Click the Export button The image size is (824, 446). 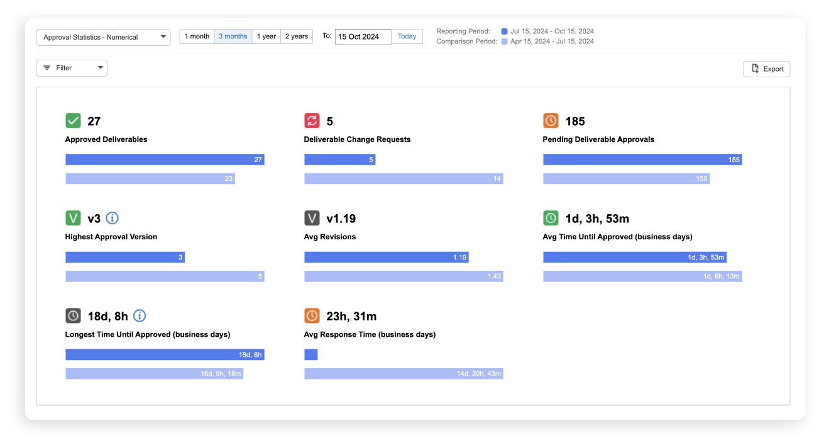click(766, 69)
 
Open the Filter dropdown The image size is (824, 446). click(72, 68)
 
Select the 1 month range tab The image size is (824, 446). click(197, 36)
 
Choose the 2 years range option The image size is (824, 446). click(297, 36)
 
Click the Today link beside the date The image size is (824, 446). click(407, 36)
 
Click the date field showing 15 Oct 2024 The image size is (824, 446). click(363, 36)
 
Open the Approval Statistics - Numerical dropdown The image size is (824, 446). click(103, 37)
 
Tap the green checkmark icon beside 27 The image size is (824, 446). click(73, 121)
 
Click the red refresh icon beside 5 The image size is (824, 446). click(312, 121)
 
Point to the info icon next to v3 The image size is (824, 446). click(112, 218)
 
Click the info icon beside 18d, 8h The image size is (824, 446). click(140, 315)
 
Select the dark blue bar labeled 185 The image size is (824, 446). click(642, 160)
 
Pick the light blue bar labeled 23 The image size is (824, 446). click(150, 178)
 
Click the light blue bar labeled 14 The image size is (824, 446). click(403, 178)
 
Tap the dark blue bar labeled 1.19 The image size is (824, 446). click(386, 257)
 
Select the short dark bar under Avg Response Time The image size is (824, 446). click(310, 354)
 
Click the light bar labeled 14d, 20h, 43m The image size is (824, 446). click(403, 374)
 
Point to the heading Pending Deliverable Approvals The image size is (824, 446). click(598, 139)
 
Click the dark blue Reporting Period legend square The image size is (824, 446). click(504, 31)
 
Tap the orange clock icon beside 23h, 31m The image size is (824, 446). click(312, 315)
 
